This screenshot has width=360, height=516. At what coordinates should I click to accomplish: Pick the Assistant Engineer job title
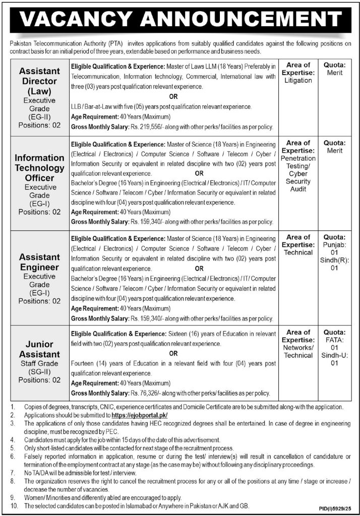pos(39,262)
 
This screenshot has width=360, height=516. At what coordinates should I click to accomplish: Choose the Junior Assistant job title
pos(39,349)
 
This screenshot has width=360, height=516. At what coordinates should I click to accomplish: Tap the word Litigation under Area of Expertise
pos(297,80)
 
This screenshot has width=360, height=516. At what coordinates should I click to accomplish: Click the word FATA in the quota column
pos(334,340)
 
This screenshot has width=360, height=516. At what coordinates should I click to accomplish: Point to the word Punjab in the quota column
pos(334,245)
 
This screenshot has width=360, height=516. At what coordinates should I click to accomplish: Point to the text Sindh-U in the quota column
pos(334,355)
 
